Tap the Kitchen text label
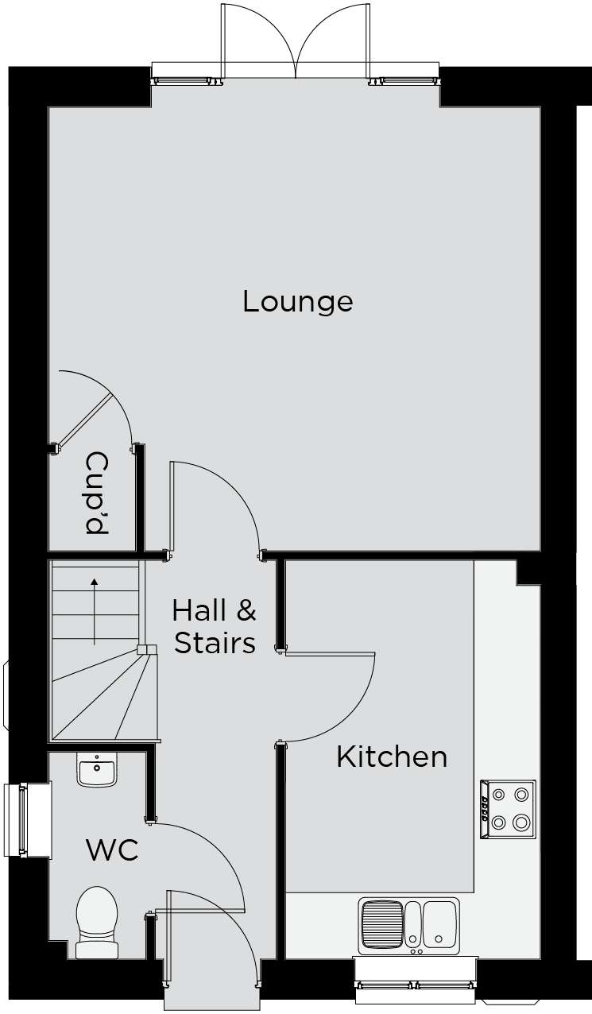[x=392, y=892]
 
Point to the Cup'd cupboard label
[x=97, y=493]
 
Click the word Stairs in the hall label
[x=215, y=643]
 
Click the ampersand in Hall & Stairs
[x=246, y=610]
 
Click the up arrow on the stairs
[x=94, y=611]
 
